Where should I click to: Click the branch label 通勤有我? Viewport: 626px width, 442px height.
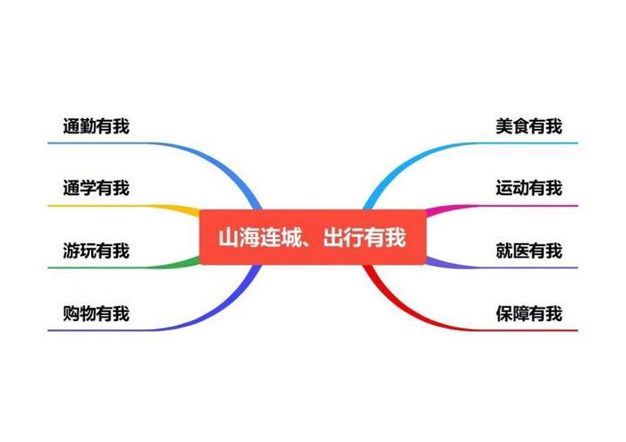pos(97,126)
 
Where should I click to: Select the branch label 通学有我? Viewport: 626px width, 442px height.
pos(97,188)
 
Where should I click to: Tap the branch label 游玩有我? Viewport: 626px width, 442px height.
pos(97,251)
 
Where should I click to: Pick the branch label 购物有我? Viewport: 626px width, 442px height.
pos(97,313)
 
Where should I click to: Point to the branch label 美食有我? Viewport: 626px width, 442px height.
pos(529,126)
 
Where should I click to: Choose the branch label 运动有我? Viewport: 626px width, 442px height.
pos(529,188)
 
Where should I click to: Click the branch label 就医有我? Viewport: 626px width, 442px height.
pos(529,251)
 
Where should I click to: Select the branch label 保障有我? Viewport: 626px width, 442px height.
pos(529,313)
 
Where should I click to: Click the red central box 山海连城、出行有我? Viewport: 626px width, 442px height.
pos(313,237)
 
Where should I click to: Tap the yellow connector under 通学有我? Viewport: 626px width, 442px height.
pos(123,206)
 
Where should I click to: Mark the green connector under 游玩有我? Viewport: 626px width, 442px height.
pos(123,268)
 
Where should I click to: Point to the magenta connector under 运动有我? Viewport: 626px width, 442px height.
pos(502,207)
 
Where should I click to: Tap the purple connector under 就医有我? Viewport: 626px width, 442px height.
pos(502,267)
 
